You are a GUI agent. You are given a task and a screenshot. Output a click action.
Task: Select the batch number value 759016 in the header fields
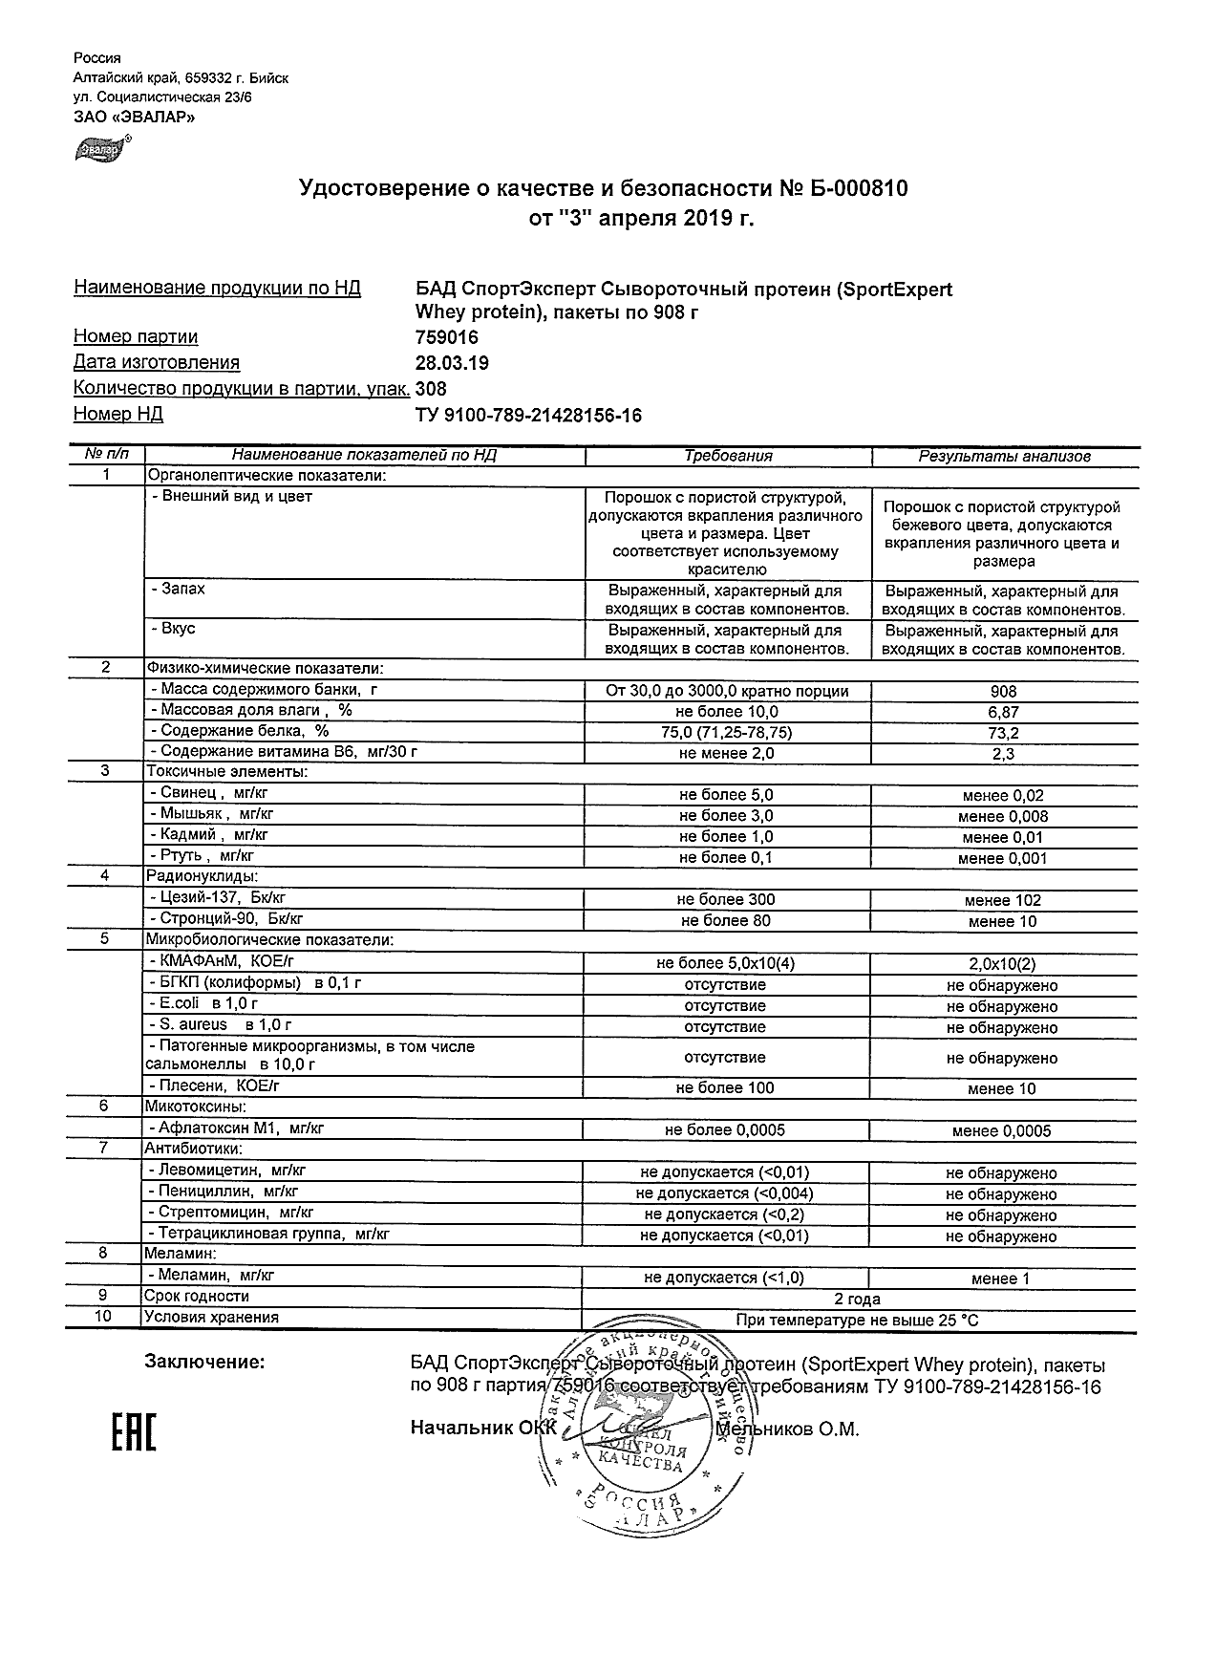pyautogui.click(x=447, y=337)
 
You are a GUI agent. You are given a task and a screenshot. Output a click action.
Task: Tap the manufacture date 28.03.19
pyautogui.click(x=452, y=363)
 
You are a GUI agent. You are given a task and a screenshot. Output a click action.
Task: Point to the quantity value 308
pyautogui.click(x=432, y=389)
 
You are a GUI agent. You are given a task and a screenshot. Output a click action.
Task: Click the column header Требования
pyautogui.click(x=728, y=457)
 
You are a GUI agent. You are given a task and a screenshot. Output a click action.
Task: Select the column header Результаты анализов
pyautogui.click(x=1004, y=457)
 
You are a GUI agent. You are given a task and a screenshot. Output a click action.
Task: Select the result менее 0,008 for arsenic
pyautogui.click(x=1003, y=817)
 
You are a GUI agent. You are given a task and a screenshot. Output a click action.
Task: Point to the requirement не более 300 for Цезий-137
pyautogui.click(x=726, y=900)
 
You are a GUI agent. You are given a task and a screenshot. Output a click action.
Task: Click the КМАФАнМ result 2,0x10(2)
pyautogui.click(x=1003, y=964)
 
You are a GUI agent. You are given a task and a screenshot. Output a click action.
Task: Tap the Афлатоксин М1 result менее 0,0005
pyautogui.click(x=1001, y=1131)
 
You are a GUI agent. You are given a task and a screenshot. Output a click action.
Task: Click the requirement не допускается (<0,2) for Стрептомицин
pyautogui.click(x=724, y=1215)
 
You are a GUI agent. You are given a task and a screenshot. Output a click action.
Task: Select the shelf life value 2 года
pyautogui.click(x=858, y=1300)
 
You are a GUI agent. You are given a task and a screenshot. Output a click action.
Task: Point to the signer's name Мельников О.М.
pyautogui.click(x=788, y=1429)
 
